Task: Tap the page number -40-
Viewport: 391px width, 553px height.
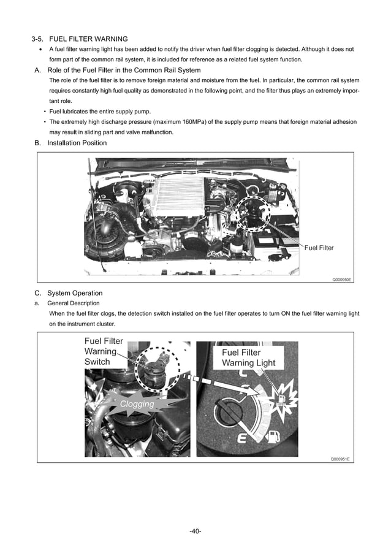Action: [x=195, y=531]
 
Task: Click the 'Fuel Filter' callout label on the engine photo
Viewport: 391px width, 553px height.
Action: [x=319, y=248]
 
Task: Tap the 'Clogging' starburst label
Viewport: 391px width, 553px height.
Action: [x=137, y=404]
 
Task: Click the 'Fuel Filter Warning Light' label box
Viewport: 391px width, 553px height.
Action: [x=248, y=357]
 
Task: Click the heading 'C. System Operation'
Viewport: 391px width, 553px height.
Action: [x=69, y=293]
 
